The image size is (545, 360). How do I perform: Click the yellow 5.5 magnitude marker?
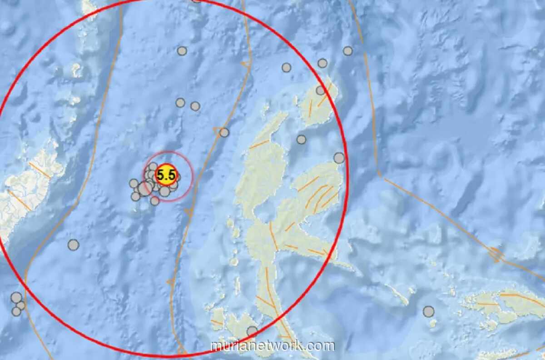[166, 175]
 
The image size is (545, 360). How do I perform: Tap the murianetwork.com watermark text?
[272, 346]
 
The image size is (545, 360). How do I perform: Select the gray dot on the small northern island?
[320, 90]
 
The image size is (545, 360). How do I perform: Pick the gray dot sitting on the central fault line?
[224, 132]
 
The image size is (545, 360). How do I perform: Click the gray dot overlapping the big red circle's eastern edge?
[339, 158]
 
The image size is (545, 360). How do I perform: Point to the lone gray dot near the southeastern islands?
[428, 311]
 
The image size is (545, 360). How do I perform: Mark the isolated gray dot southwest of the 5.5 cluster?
[73, 245]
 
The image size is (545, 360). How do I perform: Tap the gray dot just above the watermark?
[252, 331]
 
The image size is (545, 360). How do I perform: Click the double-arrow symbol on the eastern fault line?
[495, 254]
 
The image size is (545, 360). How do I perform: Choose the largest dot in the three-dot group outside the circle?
[16, 298]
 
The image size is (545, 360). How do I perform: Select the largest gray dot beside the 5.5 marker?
[145, 188]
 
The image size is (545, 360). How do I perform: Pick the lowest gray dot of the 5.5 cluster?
[155, 200]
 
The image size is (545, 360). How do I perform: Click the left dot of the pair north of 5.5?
[180, 103]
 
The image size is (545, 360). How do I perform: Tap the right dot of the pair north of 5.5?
[195, 106]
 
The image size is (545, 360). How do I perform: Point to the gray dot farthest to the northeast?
[347, 51]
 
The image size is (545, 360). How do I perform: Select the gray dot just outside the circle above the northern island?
[322, 63]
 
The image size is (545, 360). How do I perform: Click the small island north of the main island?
[319, 102]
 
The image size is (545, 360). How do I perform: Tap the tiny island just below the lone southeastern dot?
[433, 324]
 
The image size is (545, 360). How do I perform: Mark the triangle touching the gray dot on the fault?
[218, 131]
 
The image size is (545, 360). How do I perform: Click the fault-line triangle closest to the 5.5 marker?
[188, 212]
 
